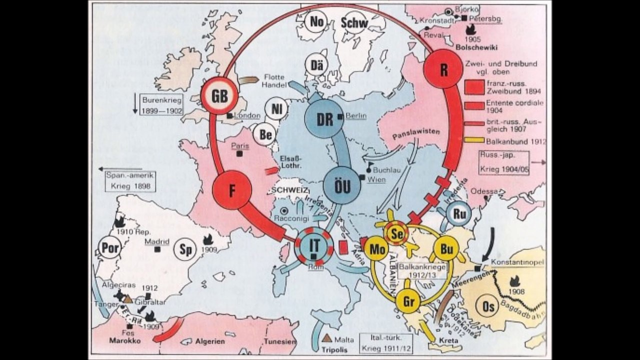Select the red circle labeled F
(x=231, y=190)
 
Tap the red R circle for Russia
(x=442, y=70)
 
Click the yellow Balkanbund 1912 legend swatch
(x=473, y=139)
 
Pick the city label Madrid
(x=157, y=241)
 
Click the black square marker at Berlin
(x=339, y=116)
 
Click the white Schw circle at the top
(x=354, y=22)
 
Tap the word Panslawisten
(x=416, y=131)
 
